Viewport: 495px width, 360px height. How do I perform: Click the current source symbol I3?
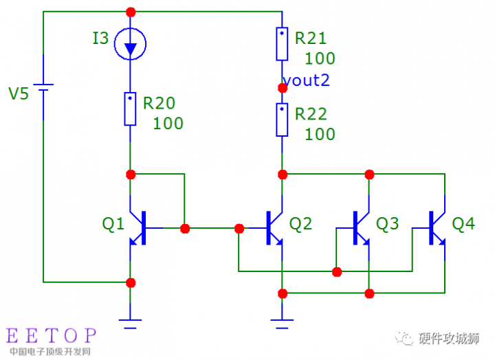pyautogui.click(x=131, y=45)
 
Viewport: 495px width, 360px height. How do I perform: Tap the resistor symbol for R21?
pyautogui.click(x=282, y=43)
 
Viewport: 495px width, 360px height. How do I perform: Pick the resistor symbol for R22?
pyautogui.click(x=282, y=120)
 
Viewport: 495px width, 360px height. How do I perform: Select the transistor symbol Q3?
pyautogui.click(x=362, y=228)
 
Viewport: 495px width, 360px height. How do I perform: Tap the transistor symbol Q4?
pyautogui.click(x=438, y=228)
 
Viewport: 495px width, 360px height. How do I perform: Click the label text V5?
pyautogui.click(x=19, y=93)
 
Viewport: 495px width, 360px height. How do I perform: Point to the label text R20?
pyautogui.click(x=159, y=103)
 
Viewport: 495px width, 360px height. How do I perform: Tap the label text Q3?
pyautogui.click(x=387, y=223)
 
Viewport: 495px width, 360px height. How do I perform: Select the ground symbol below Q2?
pyautogui.click(x=282, y=319)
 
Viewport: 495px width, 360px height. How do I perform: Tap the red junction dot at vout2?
pyautogui.click(x=282, y=88)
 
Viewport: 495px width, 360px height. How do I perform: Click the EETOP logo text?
pyautogui.click(x=52, y=335)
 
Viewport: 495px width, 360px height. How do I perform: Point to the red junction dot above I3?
pyautogui.click(x=131, y=12)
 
